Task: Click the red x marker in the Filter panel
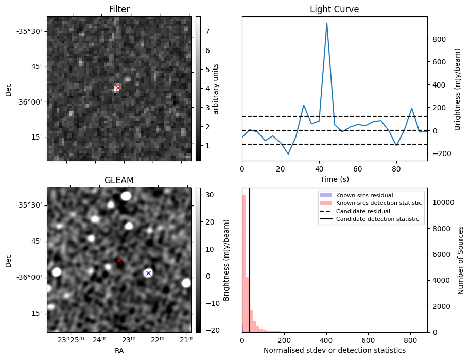118,88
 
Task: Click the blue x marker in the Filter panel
146,101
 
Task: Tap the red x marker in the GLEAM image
119,260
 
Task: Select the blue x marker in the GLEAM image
148,273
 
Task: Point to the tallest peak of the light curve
326,23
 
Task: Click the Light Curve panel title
334,9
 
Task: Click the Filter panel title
119,9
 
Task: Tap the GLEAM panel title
119,180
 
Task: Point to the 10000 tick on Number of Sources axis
441,202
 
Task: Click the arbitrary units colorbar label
216,89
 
